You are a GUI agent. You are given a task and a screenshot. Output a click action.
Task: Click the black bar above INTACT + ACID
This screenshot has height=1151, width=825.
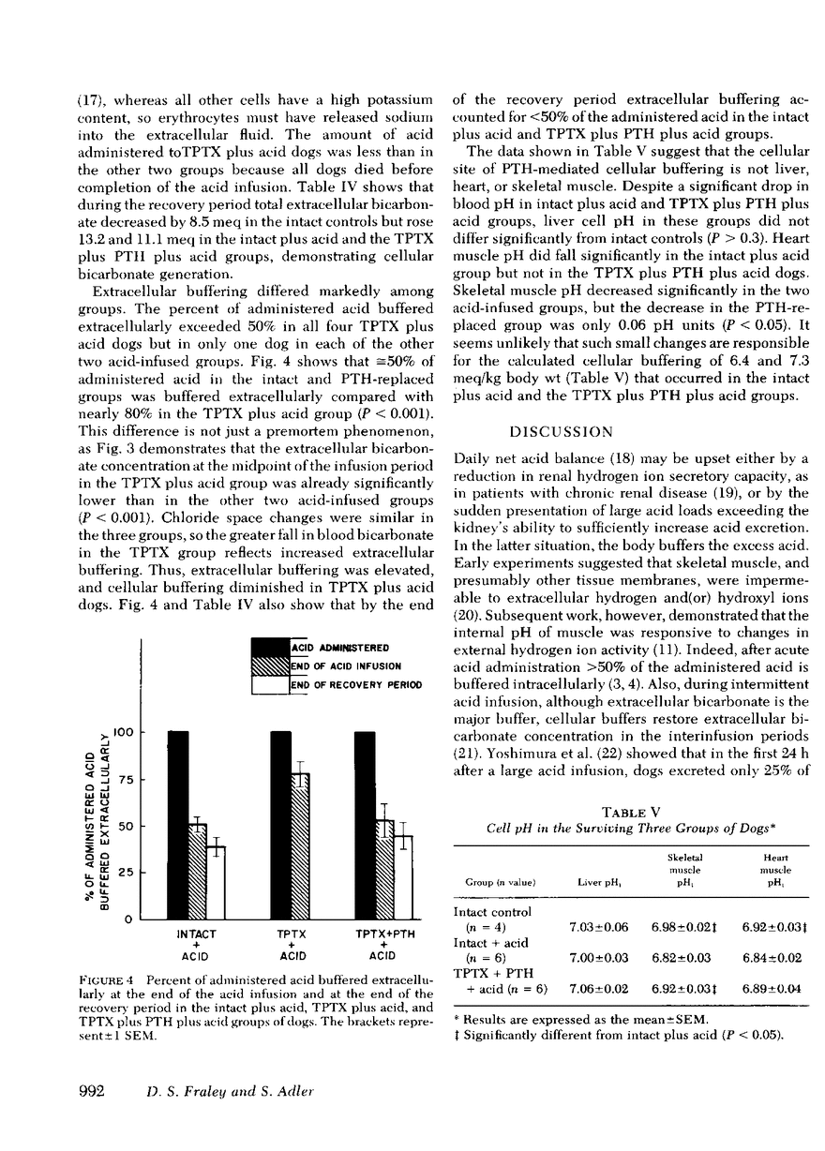(x=178, y=825)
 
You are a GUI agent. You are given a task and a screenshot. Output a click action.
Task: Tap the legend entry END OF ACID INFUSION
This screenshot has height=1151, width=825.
(x=341, y=665)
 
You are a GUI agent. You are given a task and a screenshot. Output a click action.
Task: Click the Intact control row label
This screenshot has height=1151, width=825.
(x=492, y=911)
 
